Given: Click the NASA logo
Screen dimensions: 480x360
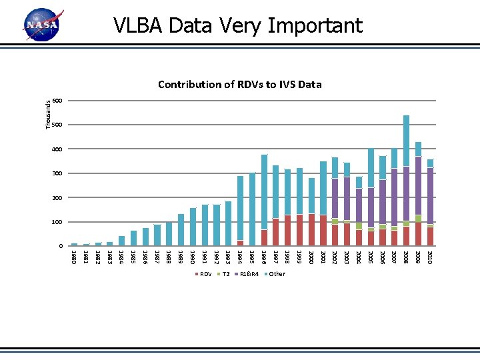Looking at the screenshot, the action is coord(43,25).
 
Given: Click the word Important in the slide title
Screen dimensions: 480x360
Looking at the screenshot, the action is coord(315,26).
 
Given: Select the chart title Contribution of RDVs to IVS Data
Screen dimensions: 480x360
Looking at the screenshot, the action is coord(240,84).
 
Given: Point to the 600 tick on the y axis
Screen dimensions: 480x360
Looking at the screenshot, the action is coord(57,101).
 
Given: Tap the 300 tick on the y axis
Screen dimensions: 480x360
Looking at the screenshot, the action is coord(57,173).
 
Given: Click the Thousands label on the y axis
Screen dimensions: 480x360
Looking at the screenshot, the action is coord(48,115).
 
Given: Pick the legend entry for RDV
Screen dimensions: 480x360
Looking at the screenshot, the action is coord(203,274).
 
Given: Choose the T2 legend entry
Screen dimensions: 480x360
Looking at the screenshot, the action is coord(223,274).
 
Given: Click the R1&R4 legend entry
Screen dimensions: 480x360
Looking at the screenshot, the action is coord(247,274).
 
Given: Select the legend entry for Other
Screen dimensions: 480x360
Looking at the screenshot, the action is coord(275,274).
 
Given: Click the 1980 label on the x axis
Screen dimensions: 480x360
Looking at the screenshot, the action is coord(74,257).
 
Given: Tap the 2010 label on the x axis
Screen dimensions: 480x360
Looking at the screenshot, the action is coord(430,257).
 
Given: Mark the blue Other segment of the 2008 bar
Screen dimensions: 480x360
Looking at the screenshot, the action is coord(406,141).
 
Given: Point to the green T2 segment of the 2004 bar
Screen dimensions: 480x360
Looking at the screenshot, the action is coord(359,226).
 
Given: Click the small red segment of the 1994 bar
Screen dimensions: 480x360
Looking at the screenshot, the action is coord(240,243).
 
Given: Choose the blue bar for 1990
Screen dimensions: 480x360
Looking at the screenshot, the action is coord(193,227).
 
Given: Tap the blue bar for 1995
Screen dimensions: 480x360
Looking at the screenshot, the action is coord(252,209).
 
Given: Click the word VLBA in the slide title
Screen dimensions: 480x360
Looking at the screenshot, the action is coord(138,25).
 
